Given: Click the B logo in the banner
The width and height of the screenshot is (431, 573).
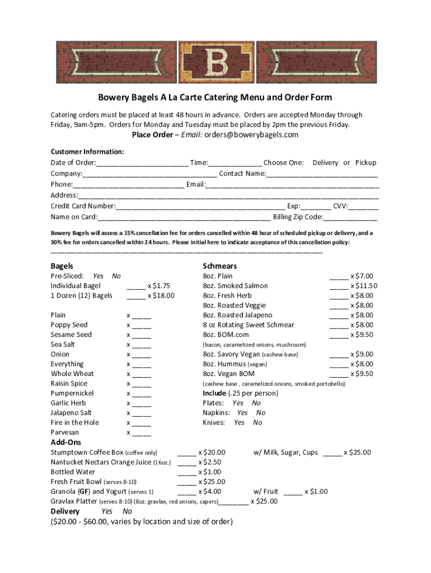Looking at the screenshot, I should pyautogui.click(x=215, y=60).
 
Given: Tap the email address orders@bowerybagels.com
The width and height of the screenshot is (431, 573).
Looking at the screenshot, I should pyautogui.click(x=251, y=135).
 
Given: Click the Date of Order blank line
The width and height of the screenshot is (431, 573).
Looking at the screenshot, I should pyautogui.click(x=142, y=163).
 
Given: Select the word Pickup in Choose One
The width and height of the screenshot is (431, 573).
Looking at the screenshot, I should pyautogui.click(x=366, y=163).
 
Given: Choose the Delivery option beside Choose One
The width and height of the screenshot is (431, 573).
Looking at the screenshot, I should pyautogui.click(x=325, y=163).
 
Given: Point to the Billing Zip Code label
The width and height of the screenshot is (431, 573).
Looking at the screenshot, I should pyautogui.click(x=298, y=217).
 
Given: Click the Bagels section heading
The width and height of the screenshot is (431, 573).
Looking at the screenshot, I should pyautogui.click(x=62, y=266).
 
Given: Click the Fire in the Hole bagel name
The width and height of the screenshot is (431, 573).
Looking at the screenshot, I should pyautogui.click(x=75, y=422).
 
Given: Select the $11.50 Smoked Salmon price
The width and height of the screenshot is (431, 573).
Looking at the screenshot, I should pyautogui.click(x=364, y=286).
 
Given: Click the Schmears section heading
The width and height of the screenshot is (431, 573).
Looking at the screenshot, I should pyautogui.click(x=219, y=266).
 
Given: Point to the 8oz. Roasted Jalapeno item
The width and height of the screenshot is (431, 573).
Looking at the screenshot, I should pyautogui.click(x=237, y=315).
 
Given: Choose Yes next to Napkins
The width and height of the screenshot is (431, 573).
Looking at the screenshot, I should pyautogui.click(x=242, y=413).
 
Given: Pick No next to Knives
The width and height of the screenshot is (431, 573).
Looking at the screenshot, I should pyautogui.click(x=257, y=422).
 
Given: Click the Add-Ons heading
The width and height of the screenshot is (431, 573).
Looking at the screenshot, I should pyautogui.click(x=65, y=442).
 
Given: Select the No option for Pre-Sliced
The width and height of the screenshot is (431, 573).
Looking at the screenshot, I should pyautogui.click(x=116, y=276).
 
